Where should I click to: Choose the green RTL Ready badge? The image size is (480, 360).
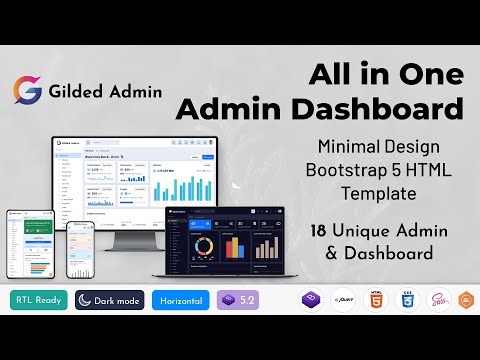pos(36,300)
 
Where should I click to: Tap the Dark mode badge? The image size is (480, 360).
pos(110,300)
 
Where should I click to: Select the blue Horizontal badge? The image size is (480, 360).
pos(181,300)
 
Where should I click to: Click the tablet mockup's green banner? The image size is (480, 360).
pos(30,231)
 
